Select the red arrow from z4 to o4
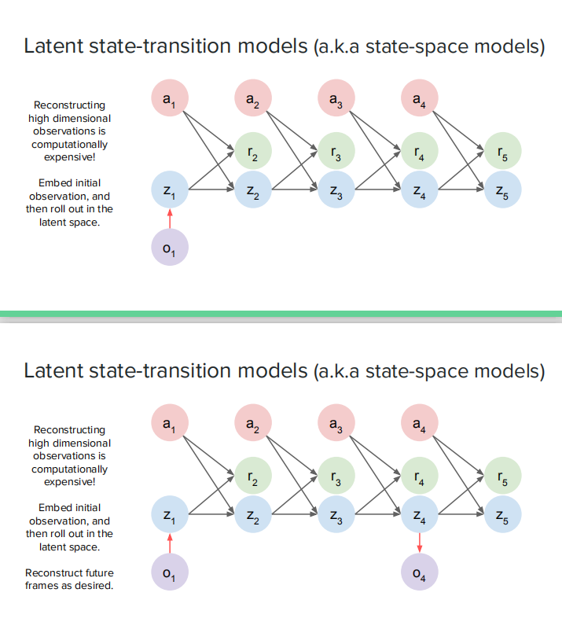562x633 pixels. pos(420,543)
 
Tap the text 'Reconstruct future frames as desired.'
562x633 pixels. pos(69,579)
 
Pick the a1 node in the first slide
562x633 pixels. pos(170,98)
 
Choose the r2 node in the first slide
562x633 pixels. pos(253,151)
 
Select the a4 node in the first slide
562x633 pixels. pos(420,98)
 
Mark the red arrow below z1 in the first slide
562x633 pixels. pos(170,218)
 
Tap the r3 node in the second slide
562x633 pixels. pos(336,476)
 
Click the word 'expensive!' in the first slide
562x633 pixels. pos(69,157)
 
